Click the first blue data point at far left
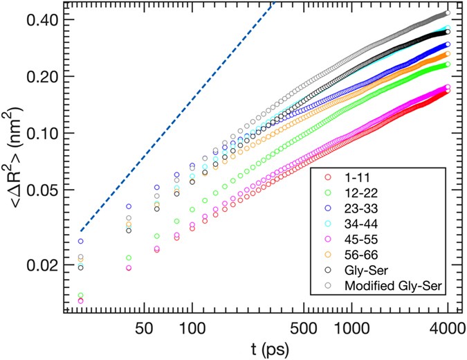81,242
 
